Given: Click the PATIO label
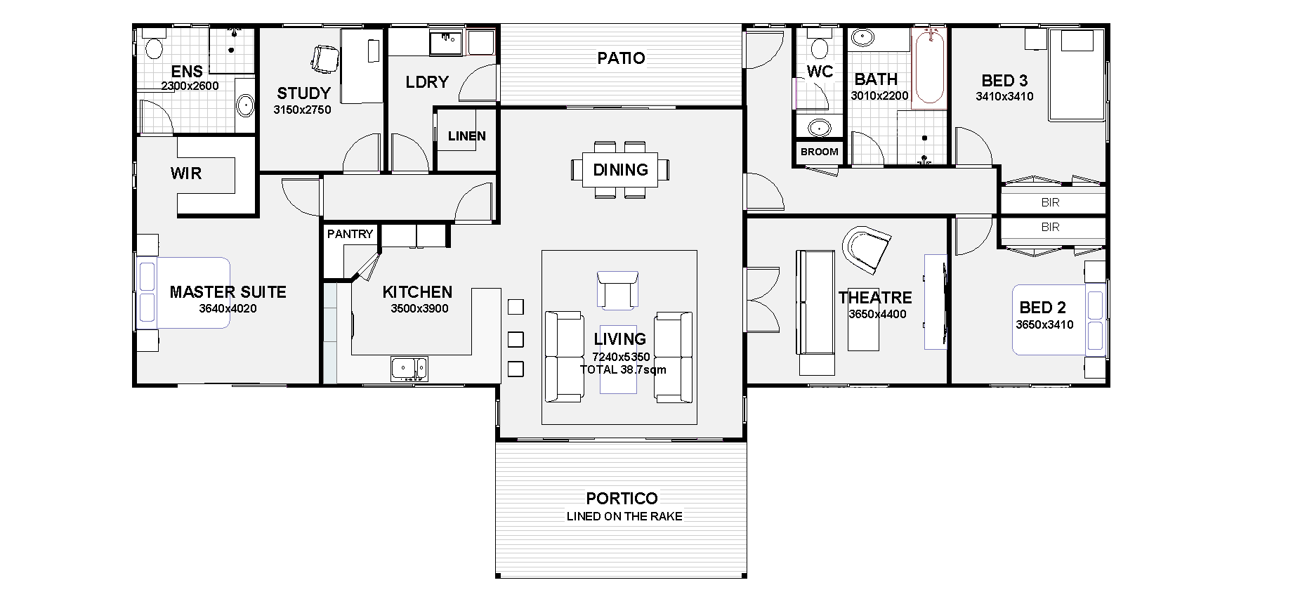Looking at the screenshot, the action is [x=621, y=58].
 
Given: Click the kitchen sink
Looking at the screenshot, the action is [x=409, y=369].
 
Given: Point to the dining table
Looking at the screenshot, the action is [x=620, y=169].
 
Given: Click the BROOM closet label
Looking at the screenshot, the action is [x=819, y=152].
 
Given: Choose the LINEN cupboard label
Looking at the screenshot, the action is [x=466, y=136].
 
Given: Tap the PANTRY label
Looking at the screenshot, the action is [x=350, y=234].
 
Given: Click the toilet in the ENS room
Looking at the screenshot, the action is [x=152, y=47].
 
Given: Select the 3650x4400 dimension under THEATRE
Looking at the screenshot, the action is [x=877, y=315].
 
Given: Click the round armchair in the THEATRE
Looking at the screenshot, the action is [x=867, y=249].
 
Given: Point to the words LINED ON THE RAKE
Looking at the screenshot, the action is [x=624, y=516].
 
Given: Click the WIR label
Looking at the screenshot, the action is [x=185, y=173].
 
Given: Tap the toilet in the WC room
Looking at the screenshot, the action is [x=818, y=47].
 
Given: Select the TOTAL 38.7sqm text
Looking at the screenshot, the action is [x=623, y=369].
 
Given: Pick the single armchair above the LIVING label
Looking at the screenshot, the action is [x=617, y=289].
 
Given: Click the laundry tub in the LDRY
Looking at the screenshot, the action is [x=446, y=43].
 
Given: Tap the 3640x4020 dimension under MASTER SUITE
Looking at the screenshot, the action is [x=228, y=308].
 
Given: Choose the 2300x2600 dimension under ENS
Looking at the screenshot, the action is [x=190, y=86].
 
